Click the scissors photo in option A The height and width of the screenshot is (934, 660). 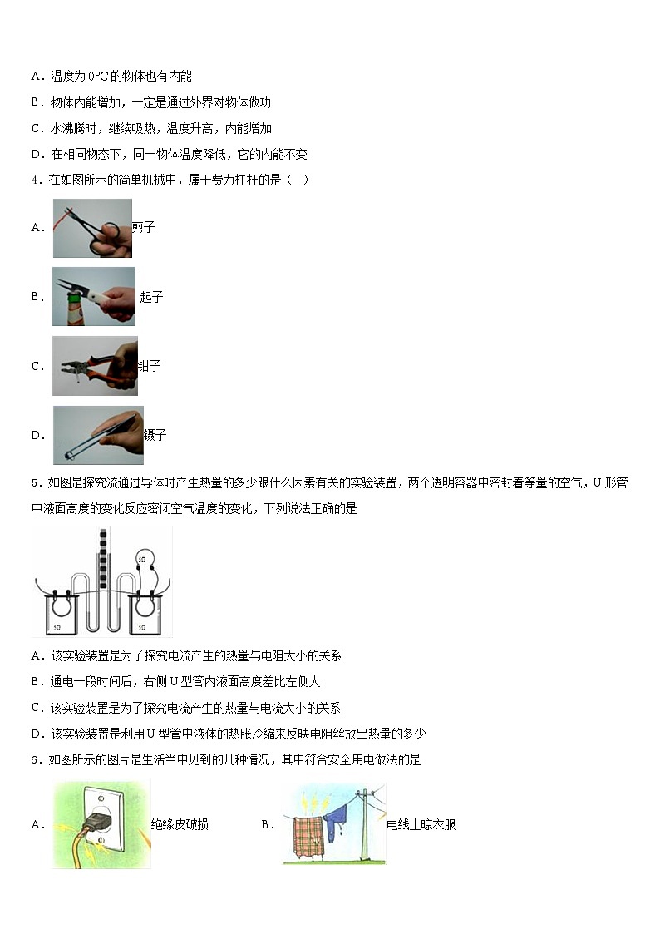[92, 228]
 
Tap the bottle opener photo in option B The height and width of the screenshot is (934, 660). [93, 296]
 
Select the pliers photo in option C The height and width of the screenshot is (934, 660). [95, 365]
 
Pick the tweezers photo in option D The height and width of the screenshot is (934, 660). [97, 435]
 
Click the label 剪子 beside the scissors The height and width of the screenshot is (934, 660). [144, 227]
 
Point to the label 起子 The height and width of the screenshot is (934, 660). [151, 297]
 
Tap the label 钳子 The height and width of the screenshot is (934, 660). [150, 366]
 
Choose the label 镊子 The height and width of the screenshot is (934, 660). [155, 435]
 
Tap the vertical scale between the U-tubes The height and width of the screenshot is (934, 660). [103, 561]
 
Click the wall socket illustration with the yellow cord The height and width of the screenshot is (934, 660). [101, 825]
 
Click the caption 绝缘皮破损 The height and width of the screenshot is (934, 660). [180, 825]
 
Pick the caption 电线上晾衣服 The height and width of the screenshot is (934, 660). [421, 825]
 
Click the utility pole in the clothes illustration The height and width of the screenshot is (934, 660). [363, 823]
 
